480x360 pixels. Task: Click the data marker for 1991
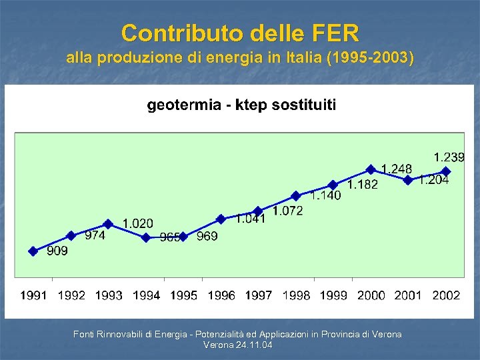coord(33,251)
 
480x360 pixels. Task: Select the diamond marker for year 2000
coord(371,169)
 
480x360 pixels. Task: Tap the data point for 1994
coord(146,237)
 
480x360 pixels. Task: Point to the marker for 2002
coord(446,171)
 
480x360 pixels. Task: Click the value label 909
coord(57,251)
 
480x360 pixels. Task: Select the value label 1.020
coord(137,223)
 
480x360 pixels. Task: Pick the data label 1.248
coord(396,169)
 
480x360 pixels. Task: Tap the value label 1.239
coord(449,157)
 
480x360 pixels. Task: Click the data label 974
coord(95,235)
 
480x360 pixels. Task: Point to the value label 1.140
coord(325,195)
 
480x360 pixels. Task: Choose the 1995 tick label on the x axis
coord(184,295)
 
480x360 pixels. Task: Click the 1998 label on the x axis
coord(296,295)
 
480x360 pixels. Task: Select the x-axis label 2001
coord(408,295)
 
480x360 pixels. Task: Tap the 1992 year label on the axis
coord(71,295)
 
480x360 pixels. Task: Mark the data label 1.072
coord(287,211)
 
